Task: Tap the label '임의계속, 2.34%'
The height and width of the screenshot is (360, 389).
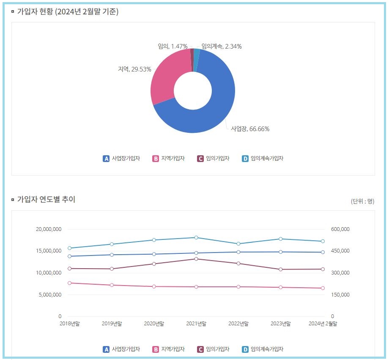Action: point(221,47)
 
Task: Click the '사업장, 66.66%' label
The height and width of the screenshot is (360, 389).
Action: point(250,129)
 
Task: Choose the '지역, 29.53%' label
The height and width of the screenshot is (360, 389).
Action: point(134,69)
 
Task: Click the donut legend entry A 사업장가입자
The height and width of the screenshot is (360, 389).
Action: point(121,159)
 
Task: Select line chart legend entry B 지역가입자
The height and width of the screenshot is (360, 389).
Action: point(168,349)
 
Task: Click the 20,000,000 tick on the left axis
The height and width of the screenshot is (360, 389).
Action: point(49,229)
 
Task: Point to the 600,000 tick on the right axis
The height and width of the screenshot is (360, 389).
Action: point(340,229)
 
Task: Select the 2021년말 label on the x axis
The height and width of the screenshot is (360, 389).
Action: point(196,324)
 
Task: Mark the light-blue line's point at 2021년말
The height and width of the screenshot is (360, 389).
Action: point(196,238)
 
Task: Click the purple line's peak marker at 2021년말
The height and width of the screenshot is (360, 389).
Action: point(196,259)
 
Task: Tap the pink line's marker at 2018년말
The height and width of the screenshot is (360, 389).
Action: point(70,283)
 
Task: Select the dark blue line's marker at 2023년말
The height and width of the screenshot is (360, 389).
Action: point(280,252)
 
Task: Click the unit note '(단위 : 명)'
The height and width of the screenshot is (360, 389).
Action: point(362,201)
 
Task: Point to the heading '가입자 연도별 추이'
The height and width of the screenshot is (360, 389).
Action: point(46,199)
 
